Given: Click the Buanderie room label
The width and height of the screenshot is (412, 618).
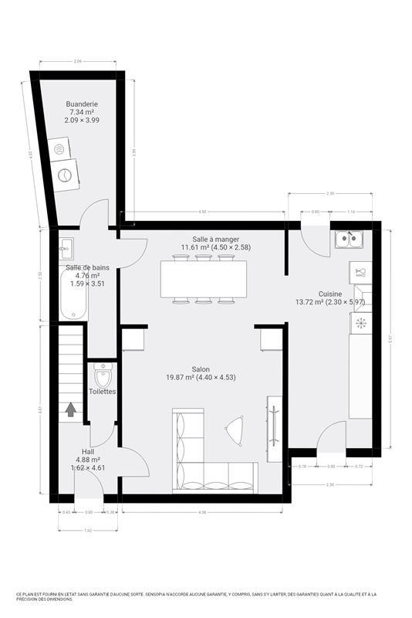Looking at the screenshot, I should coord(82,104).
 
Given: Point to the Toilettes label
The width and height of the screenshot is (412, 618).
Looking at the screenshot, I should coord(102,392).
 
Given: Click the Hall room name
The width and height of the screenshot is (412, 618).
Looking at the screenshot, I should coord(89,451).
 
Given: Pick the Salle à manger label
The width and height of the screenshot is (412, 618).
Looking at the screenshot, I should coord(216,239).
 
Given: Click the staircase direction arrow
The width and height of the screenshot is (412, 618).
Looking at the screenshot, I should coord(71,409).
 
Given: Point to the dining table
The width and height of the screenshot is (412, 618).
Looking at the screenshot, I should coord(204,278).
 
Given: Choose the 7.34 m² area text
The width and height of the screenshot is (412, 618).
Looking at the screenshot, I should coord(82,112).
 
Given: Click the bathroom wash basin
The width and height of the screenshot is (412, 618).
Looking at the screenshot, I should coord(66,248).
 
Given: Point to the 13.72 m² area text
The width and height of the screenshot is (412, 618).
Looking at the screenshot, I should coord(311,302).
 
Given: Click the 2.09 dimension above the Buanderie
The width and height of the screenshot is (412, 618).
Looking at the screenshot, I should coord(78,61).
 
